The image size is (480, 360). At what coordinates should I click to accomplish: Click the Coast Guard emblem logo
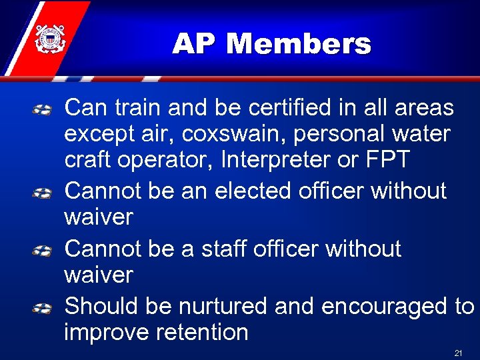(48, 39)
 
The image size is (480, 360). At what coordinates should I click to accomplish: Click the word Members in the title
(298, 45)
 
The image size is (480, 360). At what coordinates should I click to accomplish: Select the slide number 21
(458, 352)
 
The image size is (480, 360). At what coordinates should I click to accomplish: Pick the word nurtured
(223, 306)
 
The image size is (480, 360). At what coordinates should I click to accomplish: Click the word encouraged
(385, 306)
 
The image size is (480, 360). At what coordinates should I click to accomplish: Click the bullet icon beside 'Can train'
(43, 109)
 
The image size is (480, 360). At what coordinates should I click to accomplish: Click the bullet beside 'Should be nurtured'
(43, 308)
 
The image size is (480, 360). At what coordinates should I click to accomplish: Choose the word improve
(106, 333)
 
